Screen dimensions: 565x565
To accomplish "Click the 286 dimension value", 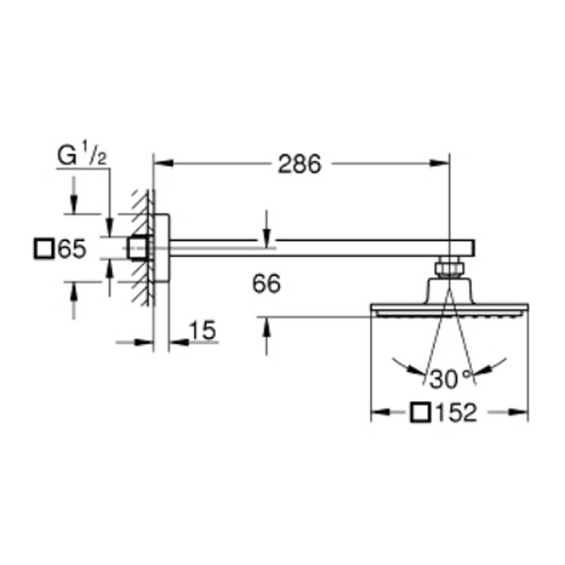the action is pyautogui.click(x=299, y=165).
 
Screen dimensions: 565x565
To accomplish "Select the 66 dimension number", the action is pyautogui.click(x=266, y=283).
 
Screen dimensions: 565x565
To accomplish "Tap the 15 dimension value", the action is pyautogui.click(x=202, y=331).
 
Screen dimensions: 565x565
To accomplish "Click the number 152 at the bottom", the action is pyautogui.click(x=457, y=413).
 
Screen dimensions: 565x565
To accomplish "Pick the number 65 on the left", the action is pyautogui.click(x=73, y=249).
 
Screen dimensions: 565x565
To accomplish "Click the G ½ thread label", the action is pyautogui.click(x=82, y=154).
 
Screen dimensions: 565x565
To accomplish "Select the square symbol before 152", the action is pyautogui.click(x=421, y=413).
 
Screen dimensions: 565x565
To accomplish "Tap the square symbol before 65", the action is pyautogui.click(x=44, y=249).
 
